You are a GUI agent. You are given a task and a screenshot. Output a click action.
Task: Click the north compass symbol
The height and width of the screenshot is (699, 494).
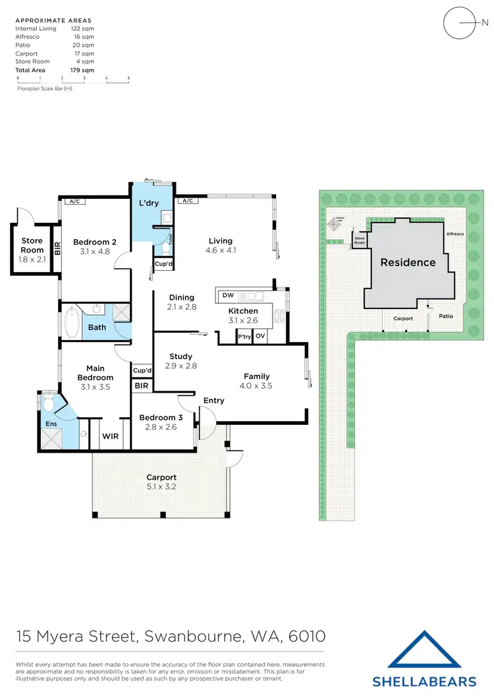460,25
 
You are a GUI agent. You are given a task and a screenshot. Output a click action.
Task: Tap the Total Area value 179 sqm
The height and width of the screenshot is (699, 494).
84,70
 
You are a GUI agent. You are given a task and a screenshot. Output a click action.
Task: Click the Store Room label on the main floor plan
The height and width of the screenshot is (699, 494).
32,245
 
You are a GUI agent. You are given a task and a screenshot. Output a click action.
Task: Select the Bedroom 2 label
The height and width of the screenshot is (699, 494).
94,242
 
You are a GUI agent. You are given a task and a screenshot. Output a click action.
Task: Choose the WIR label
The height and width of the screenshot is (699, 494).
109,435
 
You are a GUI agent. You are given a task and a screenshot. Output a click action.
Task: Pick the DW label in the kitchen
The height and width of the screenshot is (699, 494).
228,295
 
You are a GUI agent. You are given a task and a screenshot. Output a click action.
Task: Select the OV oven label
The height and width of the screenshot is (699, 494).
260,336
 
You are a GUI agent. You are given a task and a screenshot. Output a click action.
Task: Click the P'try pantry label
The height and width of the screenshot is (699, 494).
244,336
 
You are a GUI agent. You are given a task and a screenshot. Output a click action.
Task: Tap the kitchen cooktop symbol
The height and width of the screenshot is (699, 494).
279,316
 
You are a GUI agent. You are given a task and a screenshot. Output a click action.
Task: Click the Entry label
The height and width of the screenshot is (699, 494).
214,401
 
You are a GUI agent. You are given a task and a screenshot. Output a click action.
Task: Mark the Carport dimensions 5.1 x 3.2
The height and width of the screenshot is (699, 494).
161,488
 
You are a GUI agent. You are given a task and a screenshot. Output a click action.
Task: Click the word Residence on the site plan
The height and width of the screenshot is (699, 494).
408,262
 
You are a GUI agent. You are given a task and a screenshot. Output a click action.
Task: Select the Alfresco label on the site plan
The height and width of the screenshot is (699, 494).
455,234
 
